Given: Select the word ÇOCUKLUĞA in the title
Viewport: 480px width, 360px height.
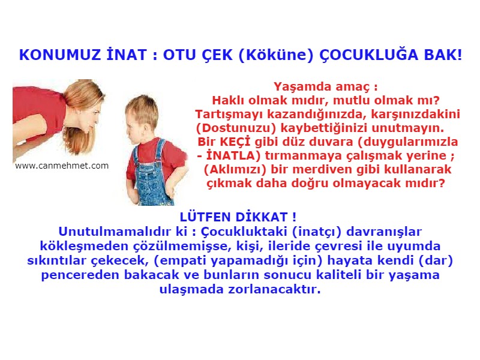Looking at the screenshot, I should tap(365, 55).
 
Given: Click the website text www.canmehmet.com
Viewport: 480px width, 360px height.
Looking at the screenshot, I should tap(62, 166).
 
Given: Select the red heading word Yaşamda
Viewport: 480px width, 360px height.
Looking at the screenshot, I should tap(298, 86).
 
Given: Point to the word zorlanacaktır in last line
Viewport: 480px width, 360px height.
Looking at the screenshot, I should tap(284, 290).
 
